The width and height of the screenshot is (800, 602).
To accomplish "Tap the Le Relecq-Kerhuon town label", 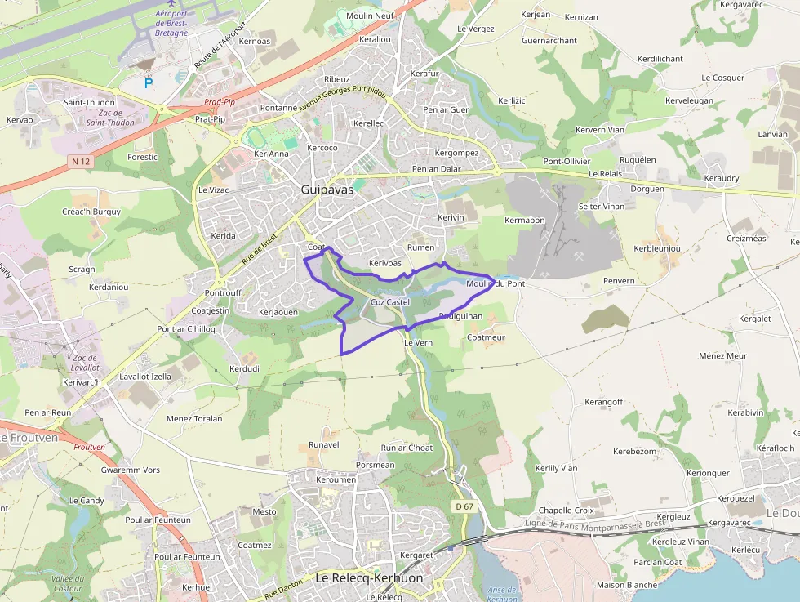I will [x=369, y=578].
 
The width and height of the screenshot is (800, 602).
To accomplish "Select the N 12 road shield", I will [x=81, y=162].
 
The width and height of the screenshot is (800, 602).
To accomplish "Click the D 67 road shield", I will [x=464, y=506].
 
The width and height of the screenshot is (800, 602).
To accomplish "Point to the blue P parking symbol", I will [x=149, y=82].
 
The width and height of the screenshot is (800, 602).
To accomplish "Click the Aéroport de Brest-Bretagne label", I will [x=171, y=24].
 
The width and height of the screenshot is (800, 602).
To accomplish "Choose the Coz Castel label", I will [x=389, y=302].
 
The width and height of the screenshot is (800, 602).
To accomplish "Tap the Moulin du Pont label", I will [x=495, y=283].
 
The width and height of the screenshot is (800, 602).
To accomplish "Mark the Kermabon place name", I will [x=524, y=221].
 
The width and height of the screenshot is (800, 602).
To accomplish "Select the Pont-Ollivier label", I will [x=567, y=162].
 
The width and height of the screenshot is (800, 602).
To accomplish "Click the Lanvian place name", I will [x=772, y=135].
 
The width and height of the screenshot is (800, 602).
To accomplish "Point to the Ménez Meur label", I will [x=722, y=356].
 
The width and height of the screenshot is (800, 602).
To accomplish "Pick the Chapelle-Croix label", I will [x=567, y=511].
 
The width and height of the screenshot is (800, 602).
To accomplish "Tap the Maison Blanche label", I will [x=627, y=585].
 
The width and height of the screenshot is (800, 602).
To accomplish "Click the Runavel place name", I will [x=323, y=444].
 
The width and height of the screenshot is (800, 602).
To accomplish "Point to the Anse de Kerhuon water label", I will [x=501, y=594].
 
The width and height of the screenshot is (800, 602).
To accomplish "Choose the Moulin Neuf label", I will [x=371, y=16].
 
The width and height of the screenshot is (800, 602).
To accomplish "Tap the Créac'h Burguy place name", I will [x=91, y=212].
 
